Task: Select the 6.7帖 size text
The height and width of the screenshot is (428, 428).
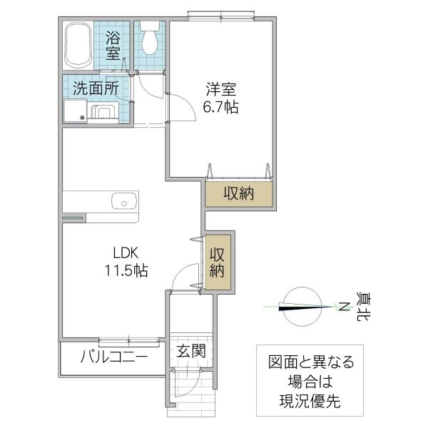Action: (x=220, y=108)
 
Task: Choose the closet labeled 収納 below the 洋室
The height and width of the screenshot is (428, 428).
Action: (x=238, y=193)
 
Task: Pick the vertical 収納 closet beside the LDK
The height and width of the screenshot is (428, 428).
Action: (x=218, y=263)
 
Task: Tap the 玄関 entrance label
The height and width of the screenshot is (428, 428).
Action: (x=190, y=351)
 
